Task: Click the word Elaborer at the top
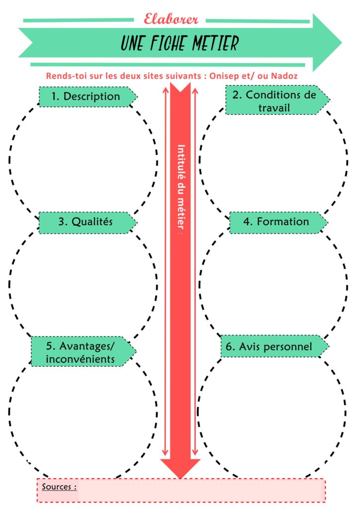171,19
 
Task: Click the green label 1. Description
87,96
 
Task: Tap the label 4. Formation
276,222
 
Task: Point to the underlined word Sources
59,486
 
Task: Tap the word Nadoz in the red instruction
286,77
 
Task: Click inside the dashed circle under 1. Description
82,159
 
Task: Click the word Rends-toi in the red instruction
62,77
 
